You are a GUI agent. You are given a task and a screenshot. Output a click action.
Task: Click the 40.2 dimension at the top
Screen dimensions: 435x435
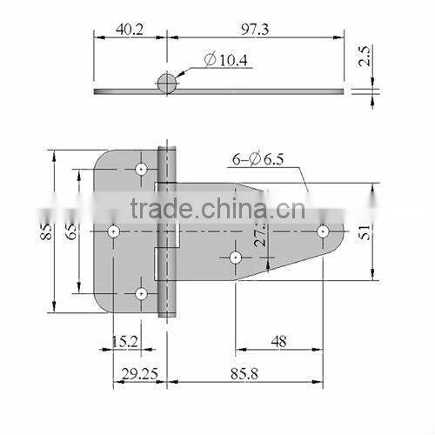click(x=129, y=30)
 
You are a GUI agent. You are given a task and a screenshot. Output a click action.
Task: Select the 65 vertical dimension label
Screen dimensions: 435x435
click(x=71, y=231)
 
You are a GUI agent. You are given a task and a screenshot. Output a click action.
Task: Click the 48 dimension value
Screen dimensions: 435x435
click(x=278, y=342)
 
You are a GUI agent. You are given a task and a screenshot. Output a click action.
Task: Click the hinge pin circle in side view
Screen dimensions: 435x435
click(x=166, y=84)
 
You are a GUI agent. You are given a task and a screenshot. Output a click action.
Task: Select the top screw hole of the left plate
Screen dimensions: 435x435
click(x=141, y=167)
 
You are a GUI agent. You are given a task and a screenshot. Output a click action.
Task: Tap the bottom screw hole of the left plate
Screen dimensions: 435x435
click(x=141, y=294)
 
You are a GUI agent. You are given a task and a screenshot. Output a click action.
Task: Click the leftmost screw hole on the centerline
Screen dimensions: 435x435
click(x=113, y=231)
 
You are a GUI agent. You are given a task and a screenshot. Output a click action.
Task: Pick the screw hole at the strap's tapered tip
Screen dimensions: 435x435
click(x=323, y=231)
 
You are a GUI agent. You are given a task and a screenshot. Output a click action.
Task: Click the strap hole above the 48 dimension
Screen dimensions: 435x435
click(x=235, y=257)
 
